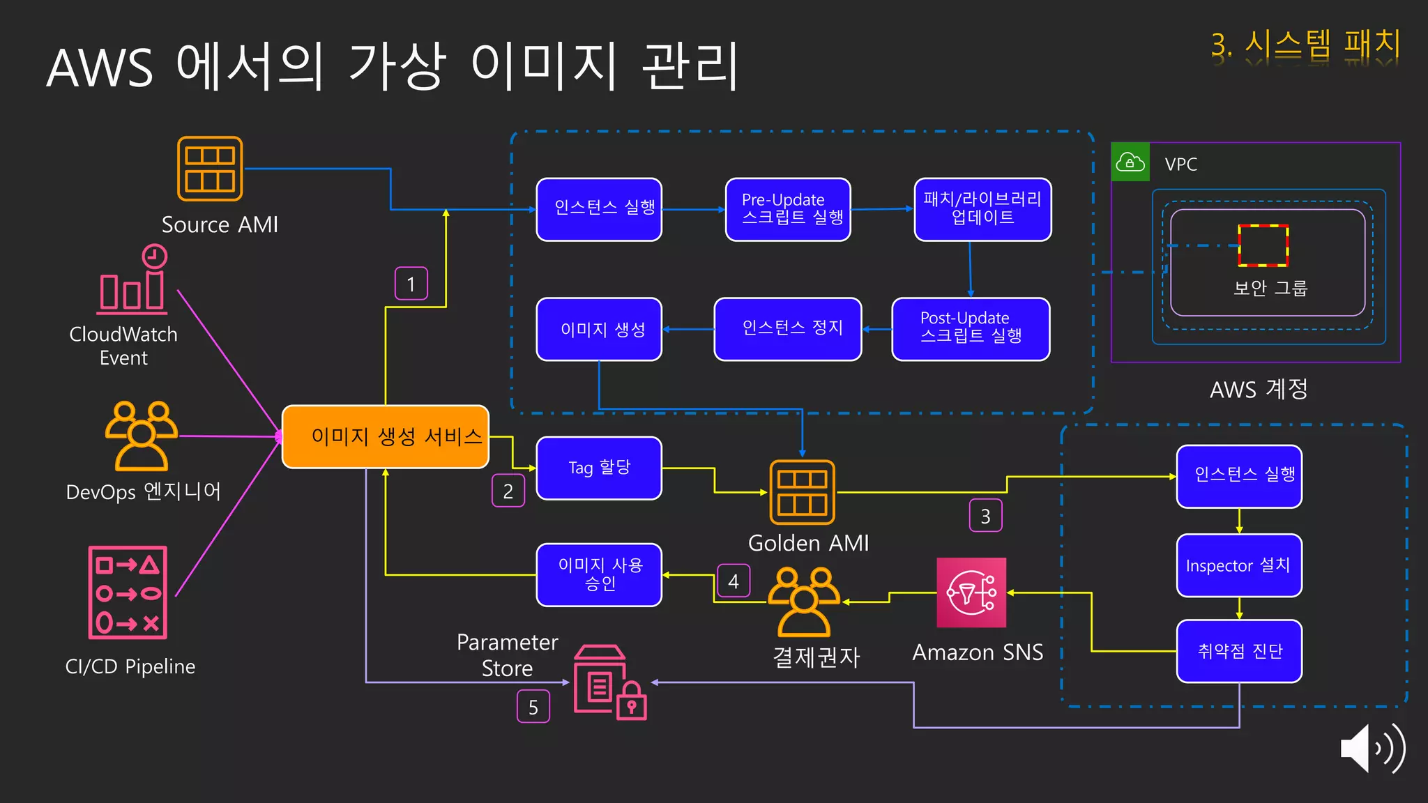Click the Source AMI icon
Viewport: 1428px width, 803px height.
click(x=210, y=169)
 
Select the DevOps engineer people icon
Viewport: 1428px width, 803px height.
click(x=142, y=436)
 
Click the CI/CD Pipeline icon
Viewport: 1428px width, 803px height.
click(x=128, y=592)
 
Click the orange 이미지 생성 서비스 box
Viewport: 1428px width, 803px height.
click(x=385, y=436)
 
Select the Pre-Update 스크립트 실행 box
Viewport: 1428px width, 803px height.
click(x=788, y=209)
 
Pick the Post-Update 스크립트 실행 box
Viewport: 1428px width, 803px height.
click(x=971, y=329)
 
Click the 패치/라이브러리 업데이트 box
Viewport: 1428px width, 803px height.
click(x=982, y=209)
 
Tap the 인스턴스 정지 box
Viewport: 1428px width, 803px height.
click(x=788, y=329)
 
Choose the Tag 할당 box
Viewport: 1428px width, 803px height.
click(x=599, y=468)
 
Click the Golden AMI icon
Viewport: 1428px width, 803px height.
click(x=802, y=492)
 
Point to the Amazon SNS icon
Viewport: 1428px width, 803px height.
click(x=971, y=592)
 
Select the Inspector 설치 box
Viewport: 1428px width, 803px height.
click(x=1239, y=565)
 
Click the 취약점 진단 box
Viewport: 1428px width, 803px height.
click(x=1239, y=651)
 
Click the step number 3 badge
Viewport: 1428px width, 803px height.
click(x=985, y=516)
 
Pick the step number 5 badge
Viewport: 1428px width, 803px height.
click(x=533, y=707)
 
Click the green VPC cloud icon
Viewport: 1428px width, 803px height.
click(x=1130, y=162)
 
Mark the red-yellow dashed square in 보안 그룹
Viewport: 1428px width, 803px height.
click(x=1263, y=245)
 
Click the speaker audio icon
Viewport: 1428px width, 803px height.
click(x=1372, y=748)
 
